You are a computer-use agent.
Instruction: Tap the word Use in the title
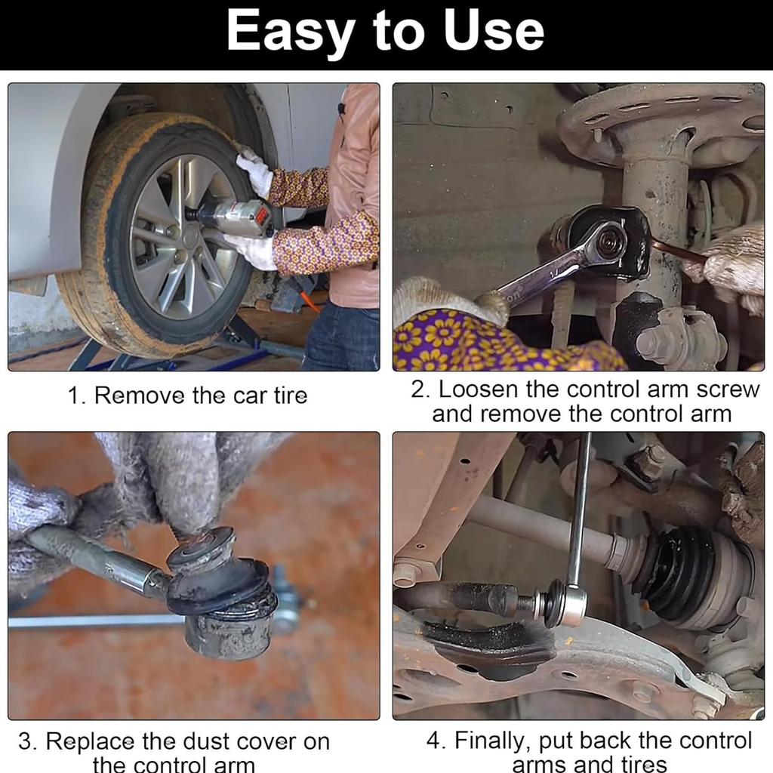[x=494, y=31]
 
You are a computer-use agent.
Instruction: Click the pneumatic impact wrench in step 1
[x=231, y=217]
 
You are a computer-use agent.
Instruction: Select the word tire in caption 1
[x=290, y=396]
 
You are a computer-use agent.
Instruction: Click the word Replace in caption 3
[x=90, y=742]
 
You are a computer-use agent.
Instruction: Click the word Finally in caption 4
[x=492, y=741]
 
